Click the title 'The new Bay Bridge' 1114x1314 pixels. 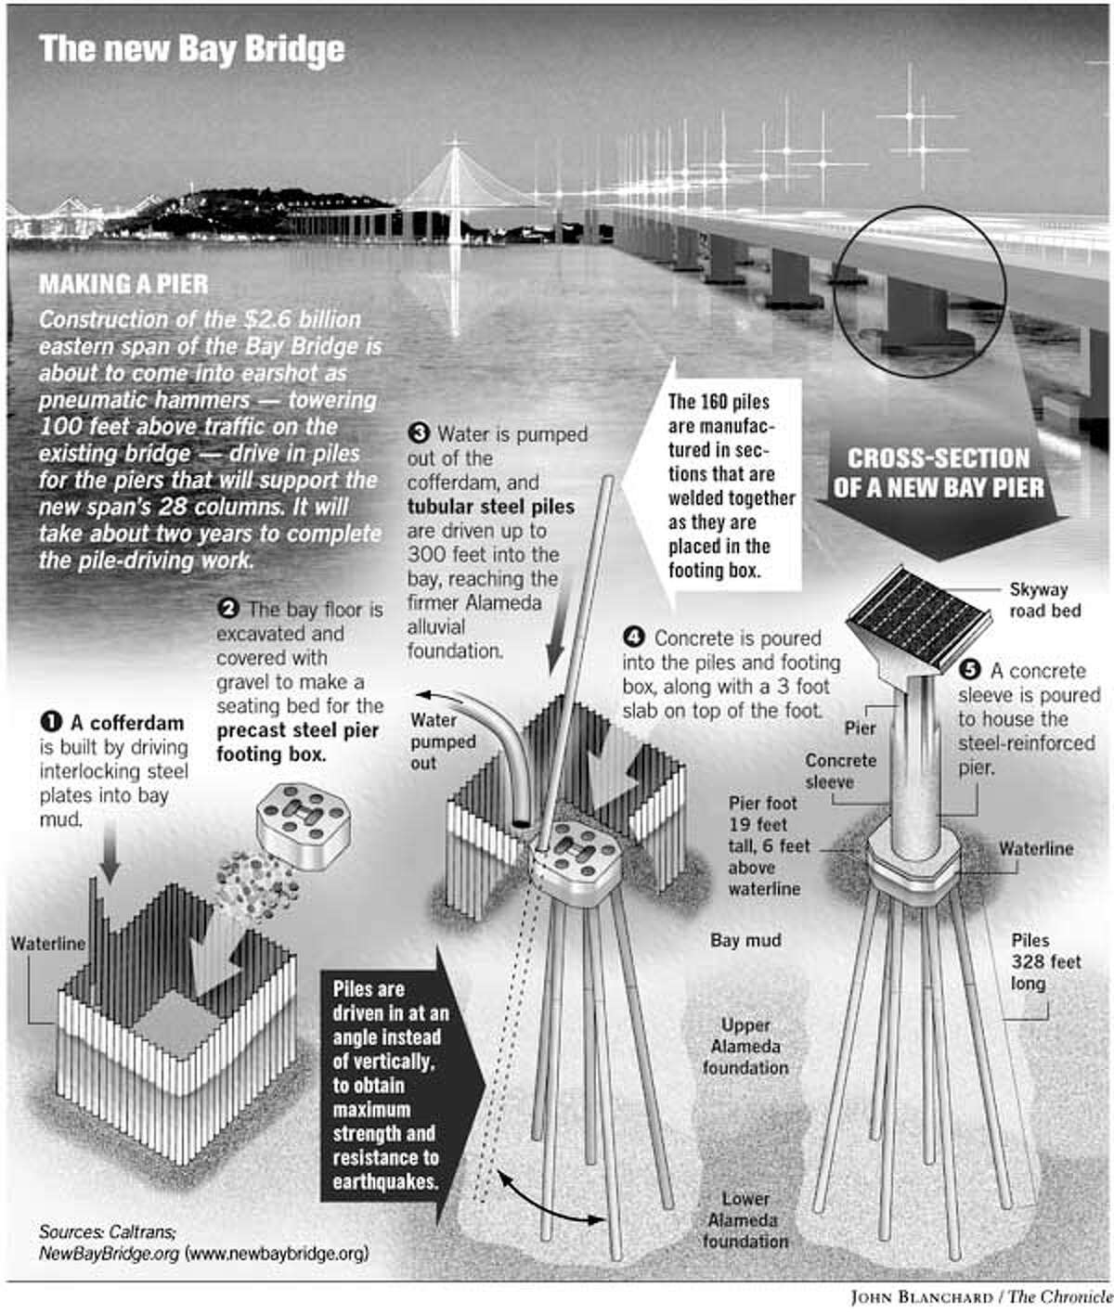click(191, 49)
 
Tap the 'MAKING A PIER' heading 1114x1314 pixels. click(123, 285)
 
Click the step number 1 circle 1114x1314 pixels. click(50, 722)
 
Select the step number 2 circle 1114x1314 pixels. click(227, 610)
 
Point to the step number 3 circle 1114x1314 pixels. click(420, 433)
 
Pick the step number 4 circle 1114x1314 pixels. click(634, 638)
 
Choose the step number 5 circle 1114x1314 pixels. click(971, 670)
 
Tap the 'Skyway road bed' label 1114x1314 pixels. click(1040, 599)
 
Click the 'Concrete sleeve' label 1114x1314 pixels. click(840, 770)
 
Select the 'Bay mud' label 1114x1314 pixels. click(745, 940)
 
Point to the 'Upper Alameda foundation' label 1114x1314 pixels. click(745, 1046)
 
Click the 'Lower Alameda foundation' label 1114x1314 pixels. click(745, 1219)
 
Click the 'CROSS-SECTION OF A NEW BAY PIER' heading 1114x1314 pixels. click(938, 472)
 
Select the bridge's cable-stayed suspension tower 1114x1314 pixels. click(455, 186)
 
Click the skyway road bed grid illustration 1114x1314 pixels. click(914, 610)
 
